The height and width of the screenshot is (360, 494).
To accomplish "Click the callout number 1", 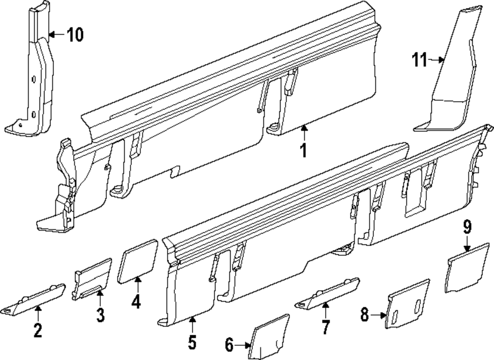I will click(304, 150).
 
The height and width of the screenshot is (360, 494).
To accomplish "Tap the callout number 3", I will click(100, 315).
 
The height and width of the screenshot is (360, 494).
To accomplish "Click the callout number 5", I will click(192, 341).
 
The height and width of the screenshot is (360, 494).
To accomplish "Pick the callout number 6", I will click(229, 346).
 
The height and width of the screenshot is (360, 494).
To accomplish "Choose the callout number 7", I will click(325, 326).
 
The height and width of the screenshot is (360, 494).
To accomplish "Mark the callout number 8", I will click(365, 315).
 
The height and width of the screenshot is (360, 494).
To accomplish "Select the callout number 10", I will click(75, 35).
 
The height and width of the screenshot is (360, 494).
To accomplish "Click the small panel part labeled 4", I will click(137, 260).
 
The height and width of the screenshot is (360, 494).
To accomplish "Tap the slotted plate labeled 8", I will click(408, 304).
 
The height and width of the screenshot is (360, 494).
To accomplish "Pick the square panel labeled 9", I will click(467, 269).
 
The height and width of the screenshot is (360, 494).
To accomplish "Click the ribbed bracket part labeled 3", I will click(92, 279).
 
